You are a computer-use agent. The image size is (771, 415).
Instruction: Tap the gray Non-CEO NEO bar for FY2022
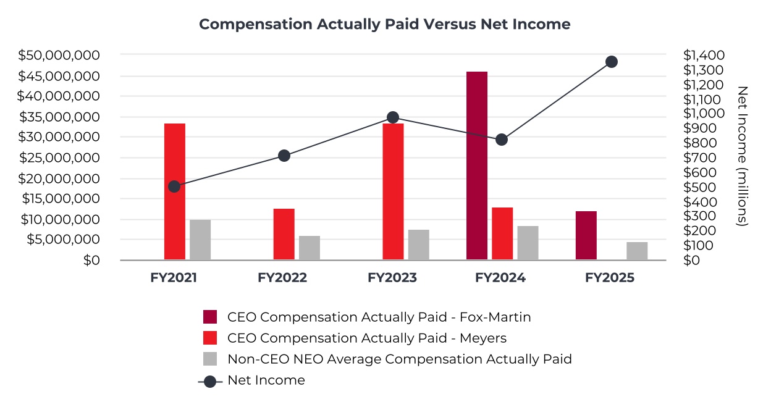310,248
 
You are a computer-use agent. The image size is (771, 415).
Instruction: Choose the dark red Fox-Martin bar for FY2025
586,235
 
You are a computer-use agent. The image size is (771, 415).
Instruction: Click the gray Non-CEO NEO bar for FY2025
637,251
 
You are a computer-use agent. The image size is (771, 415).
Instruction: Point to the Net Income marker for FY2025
612,62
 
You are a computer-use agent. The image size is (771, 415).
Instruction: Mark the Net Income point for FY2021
174,187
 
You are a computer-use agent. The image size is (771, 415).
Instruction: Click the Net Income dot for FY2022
284,156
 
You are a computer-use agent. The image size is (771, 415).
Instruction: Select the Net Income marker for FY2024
502,140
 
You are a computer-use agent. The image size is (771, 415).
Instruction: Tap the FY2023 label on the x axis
392,278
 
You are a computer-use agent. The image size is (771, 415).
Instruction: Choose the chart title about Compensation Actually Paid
384,24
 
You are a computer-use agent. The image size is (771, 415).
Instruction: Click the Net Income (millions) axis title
743,156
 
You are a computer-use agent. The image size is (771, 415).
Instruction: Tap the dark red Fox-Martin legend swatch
210,317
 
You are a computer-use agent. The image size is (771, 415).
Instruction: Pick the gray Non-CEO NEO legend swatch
210,359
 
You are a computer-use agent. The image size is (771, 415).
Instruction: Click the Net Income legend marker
210,381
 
